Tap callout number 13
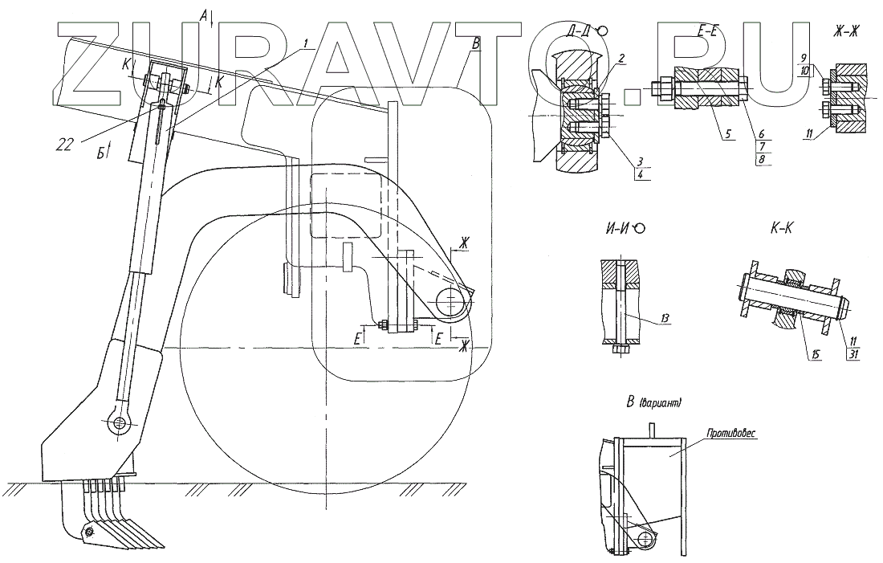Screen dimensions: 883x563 [x=666, y=319]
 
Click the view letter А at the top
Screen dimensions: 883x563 [x=204, y=14]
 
